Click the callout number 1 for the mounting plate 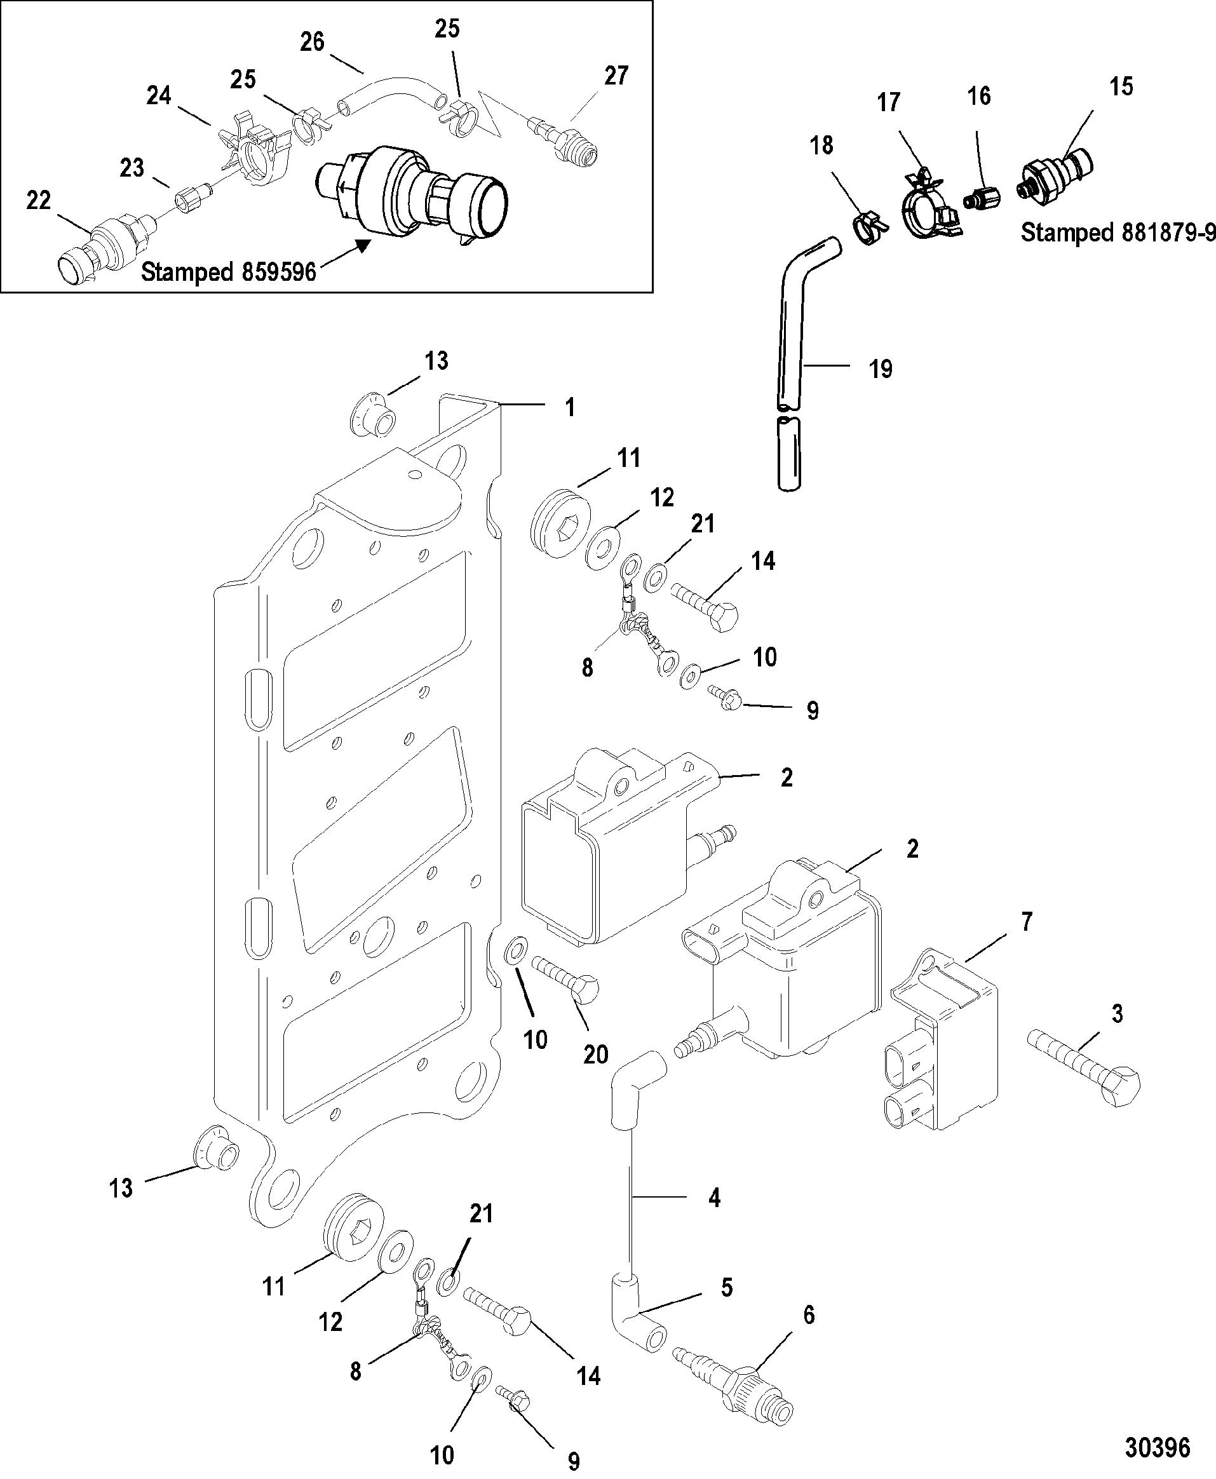pos(570,407)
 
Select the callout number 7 pos(1026,922)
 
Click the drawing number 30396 pos(1157,1447)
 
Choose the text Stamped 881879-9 pos(1118,232)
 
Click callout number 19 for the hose pos(881,369)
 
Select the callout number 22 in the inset pos(39,201)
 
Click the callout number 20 pos(595,1055)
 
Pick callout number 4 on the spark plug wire pos(713,1198)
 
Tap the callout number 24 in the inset pos(159,95)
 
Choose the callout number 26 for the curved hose pos(313,42)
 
